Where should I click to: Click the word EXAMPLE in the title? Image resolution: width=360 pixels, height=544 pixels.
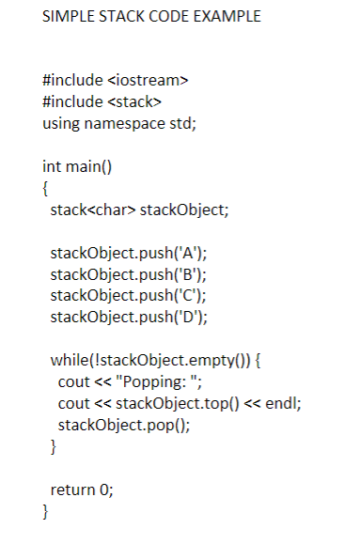click(223, 18)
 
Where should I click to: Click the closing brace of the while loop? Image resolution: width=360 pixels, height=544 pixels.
click(54, 443)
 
